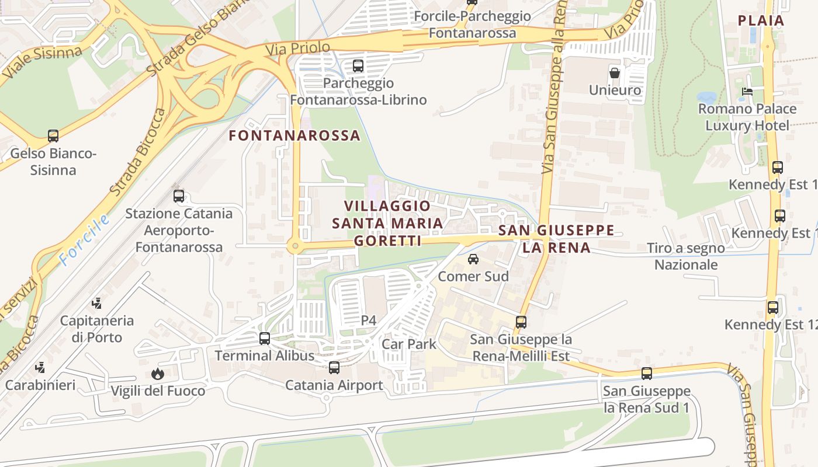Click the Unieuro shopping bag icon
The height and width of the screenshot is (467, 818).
[615, 73]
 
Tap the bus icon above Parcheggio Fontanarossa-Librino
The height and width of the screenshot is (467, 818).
[358, 67]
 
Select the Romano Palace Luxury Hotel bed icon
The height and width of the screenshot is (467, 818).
[747, 92]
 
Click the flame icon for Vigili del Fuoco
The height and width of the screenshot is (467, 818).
[157, 374]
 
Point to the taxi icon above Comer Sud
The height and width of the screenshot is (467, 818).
[473, 259]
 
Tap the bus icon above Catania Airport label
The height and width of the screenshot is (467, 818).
[334, 368]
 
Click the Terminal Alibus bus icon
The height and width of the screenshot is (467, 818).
[265, 339]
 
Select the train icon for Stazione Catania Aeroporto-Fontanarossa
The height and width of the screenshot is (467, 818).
[179, 196]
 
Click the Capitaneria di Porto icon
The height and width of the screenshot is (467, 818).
[97, 304]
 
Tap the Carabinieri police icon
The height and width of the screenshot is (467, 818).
[40, 368]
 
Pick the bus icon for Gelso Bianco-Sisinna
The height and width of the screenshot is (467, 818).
[53, 137]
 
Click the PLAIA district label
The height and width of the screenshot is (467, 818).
[761, 20]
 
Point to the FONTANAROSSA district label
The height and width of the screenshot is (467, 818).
[294, 135]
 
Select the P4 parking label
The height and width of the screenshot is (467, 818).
[368, 320]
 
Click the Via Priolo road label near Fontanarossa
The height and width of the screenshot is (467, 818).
[297, 48]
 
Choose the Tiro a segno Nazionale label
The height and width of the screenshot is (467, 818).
[686, 256]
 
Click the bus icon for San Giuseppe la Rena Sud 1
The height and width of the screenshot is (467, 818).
[647, 374]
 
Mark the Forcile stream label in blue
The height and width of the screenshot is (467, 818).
[85, 240]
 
